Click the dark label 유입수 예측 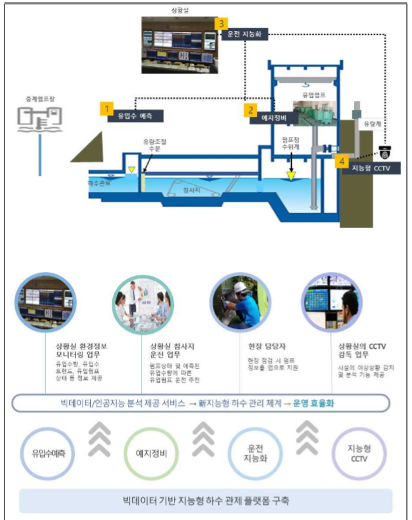pos(135,117)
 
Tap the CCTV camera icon pos(385,152)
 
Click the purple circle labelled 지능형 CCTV pos(359,454)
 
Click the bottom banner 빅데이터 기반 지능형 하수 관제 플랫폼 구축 pos(206,501)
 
